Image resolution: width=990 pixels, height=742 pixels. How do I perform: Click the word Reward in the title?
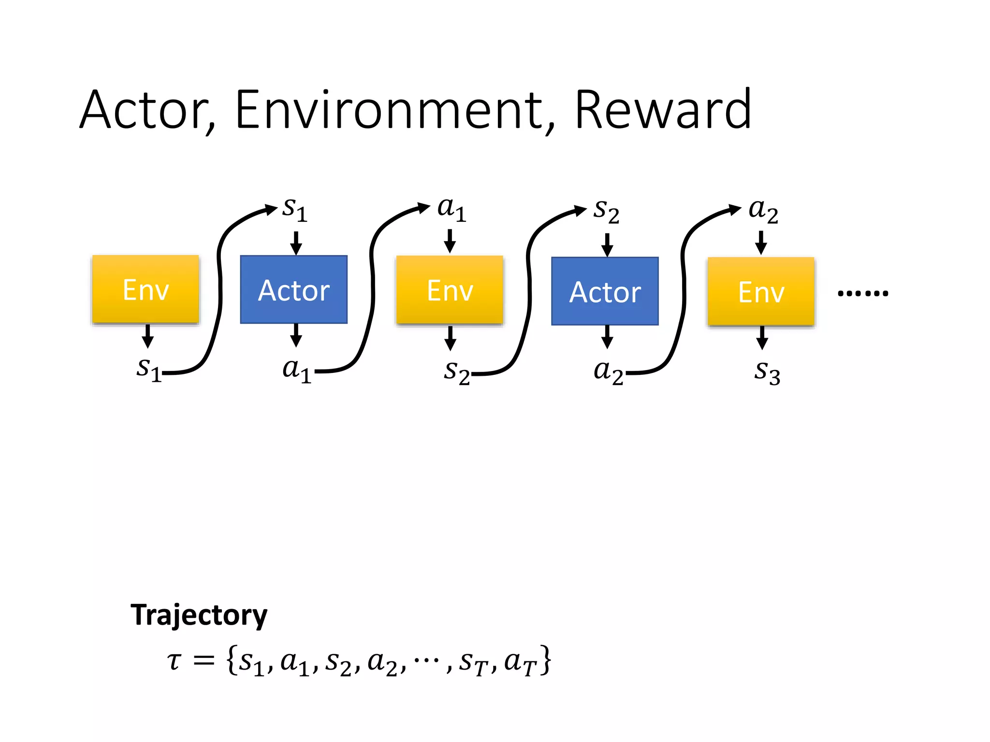tap(663, 110)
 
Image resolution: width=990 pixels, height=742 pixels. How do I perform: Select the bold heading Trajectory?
tap(199, 615)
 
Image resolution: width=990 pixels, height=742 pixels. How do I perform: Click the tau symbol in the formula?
tap(174, 660)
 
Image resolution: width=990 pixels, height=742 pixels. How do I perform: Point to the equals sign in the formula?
tap(204, 660)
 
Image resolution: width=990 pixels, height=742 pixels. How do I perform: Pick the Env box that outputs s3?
tap(761, 292)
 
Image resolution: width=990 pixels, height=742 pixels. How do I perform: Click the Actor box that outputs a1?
tap(294, 290)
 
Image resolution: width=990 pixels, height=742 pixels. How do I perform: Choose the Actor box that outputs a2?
tap(605, 291)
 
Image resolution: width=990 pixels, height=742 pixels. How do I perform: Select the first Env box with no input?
tap(146, 289)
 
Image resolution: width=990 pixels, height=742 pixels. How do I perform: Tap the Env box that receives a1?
tap(450, 290)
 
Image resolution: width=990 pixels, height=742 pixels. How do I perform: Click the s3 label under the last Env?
tap(767, 372)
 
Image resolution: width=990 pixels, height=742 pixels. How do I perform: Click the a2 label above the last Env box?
tap(763, 211)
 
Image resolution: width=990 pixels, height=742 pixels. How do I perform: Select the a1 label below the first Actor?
tap(296, 371)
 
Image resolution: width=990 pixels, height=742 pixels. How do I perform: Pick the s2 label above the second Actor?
tap(606, 211)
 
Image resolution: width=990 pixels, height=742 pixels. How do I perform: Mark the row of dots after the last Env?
tap(863, 293)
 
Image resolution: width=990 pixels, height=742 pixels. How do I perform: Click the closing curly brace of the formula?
tap(545, 660)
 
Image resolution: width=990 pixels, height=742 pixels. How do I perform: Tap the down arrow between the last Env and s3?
tap(762, 337)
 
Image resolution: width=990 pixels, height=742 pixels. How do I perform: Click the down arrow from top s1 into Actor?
tap(296, 243)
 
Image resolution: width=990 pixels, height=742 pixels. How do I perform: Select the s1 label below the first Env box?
tap(148, 370)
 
